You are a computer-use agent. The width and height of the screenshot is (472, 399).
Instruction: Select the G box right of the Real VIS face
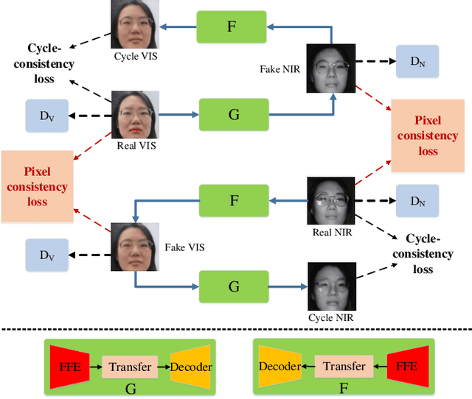(234, 115)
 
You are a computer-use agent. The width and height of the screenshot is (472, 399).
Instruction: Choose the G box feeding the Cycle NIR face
(234, 286)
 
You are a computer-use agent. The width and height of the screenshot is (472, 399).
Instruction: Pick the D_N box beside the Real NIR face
(417, 201)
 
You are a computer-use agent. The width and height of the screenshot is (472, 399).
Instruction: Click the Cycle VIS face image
(133, 24)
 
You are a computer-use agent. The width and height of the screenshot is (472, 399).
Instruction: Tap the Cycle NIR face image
(329, 287)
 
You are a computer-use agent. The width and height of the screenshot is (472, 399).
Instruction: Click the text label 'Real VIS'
(136, 145)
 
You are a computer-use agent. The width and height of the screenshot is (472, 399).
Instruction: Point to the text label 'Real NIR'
(332, 232)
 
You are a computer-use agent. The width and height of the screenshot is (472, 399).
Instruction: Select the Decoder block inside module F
(280, 367)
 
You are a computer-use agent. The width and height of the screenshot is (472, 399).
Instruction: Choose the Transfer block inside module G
(130, 367)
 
